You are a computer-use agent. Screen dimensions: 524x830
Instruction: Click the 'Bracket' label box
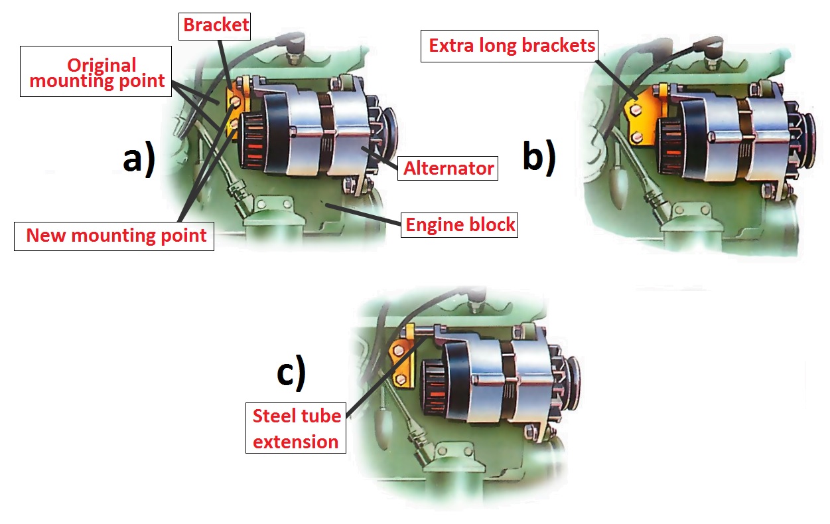click(216, 26)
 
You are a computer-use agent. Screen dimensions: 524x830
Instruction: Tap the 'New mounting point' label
click(115, 235)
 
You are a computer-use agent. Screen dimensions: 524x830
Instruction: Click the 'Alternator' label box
click(449, 168)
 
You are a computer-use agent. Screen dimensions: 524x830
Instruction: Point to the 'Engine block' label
click(460, 224)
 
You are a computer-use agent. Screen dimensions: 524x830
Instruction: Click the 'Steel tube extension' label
click(296, 428)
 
